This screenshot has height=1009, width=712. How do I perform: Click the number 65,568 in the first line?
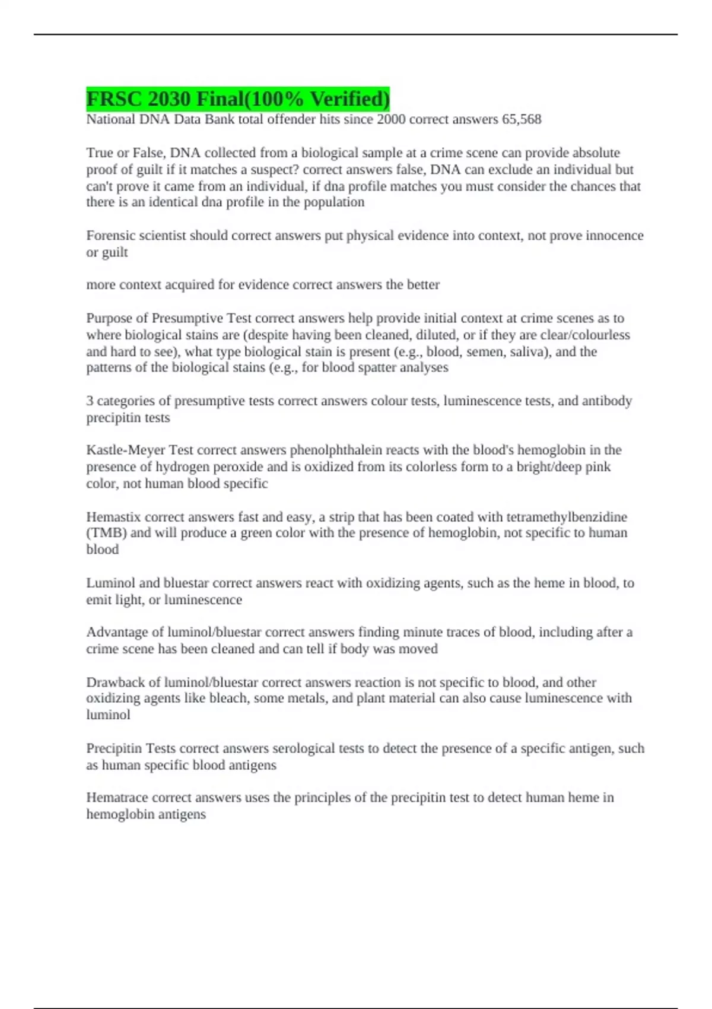tap(522, 119)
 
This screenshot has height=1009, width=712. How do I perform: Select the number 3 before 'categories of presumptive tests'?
tap(90, 401)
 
